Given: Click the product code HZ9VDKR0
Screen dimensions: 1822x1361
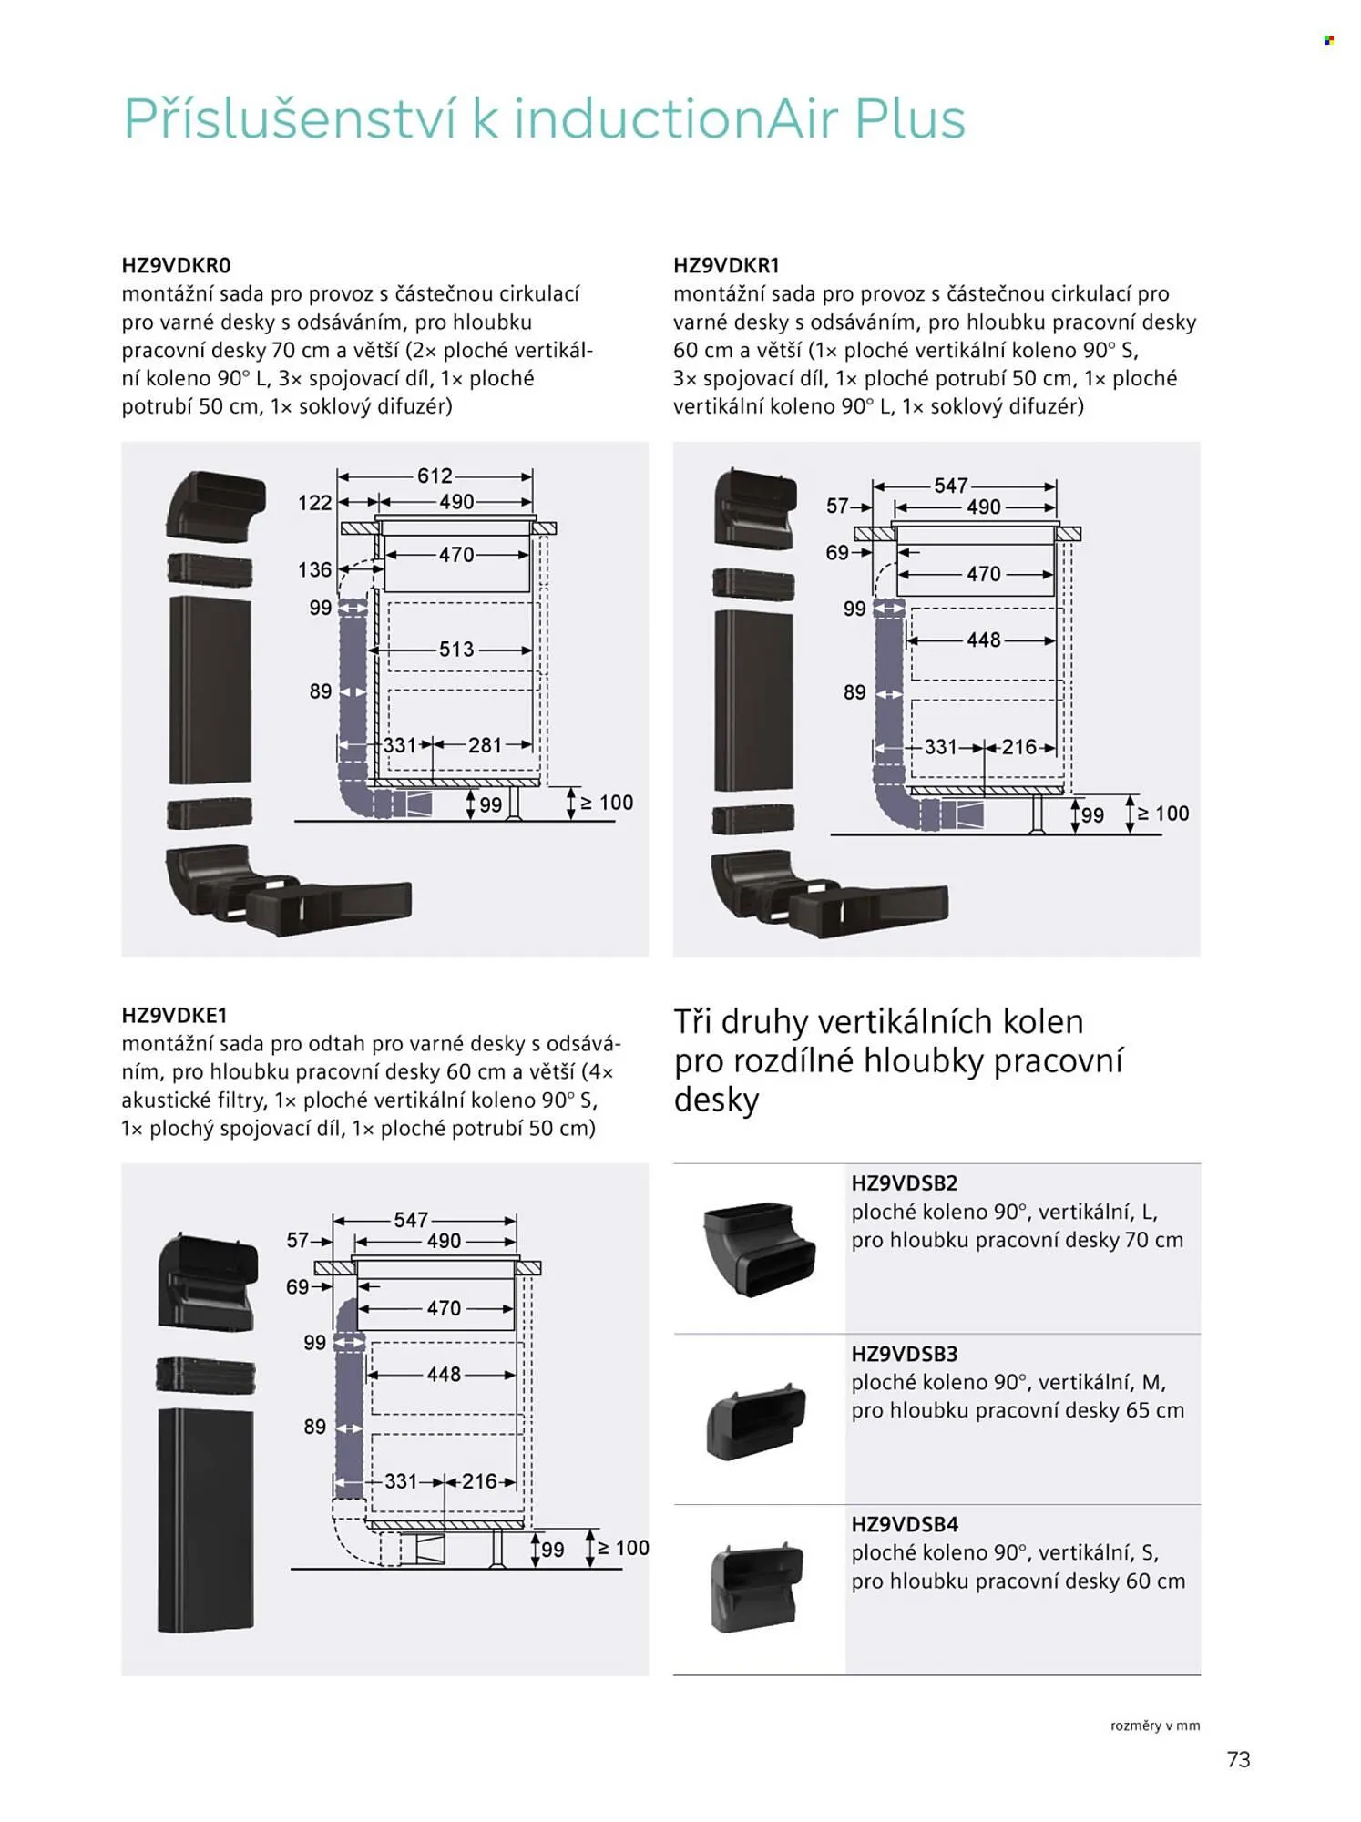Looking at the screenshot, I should click(177, 266).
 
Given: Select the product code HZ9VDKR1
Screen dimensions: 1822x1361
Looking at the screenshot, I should click(727, 266).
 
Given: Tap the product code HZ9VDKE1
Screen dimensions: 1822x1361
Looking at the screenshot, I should click(174, 1016).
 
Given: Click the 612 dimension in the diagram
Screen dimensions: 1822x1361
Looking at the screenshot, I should click(435, 476).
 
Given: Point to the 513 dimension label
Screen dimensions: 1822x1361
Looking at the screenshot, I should click(456, 650).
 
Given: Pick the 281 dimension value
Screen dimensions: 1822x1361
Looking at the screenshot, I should click(485, 745).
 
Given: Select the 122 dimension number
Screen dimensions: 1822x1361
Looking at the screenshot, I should click(314, 503).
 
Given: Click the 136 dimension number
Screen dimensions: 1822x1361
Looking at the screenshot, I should click(314, 570).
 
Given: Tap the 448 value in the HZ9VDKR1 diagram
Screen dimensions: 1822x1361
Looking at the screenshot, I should click(984, 640).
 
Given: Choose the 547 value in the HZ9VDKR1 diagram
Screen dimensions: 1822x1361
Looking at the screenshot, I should click(951, 486).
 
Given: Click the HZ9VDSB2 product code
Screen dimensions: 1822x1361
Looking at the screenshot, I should click(905, 1183).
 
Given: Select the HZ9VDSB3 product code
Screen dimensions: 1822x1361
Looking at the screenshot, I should click(905, 1354).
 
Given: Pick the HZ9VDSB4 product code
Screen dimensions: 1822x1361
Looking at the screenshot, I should click(905, 1524).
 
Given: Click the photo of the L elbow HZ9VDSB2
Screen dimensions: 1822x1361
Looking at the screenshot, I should click(759, 1249).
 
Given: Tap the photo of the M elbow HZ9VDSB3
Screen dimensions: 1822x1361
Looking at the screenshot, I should click(756, 1419).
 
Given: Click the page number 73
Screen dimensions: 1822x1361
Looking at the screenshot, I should click(1238, 1759).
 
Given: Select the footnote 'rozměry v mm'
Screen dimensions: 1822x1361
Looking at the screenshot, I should click(1154, 1725).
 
